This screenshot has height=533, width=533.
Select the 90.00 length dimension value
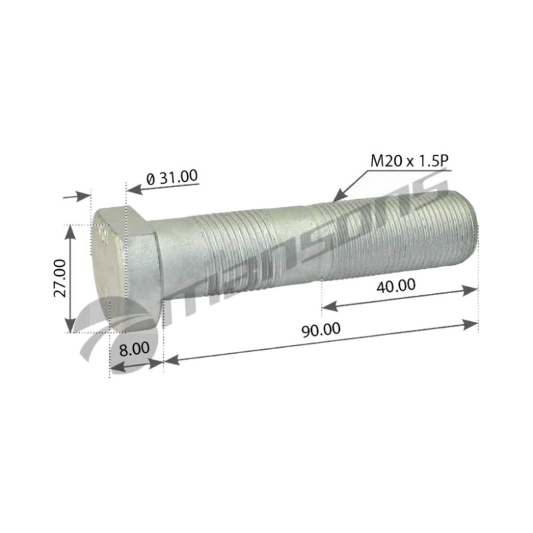click(x=321, y=330)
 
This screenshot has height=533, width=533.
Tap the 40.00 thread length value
click(x=396, y=286)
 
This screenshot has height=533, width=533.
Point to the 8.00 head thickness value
click(x=135, y=348)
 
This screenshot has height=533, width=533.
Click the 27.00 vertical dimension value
click(x=60, y=278)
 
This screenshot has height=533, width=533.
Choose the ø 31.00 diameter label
click(x=172, y=177)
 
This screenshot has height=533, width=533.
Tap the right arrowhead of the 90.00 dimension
click(x=470, y=324)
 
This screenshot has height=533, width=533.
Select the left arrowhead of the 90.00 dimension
click(x=172, y=360)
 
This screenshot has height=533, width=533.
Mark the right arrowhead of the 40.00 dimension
click(x=470, y=290)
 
